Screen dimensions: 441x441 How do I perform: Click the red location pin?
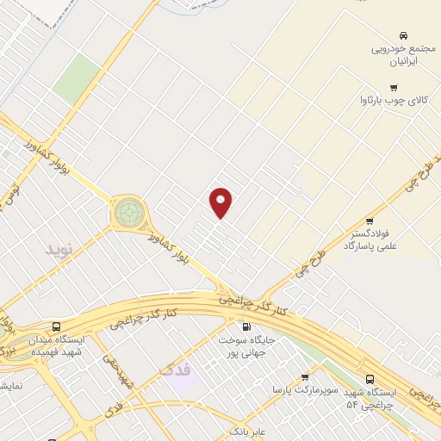[221, 202]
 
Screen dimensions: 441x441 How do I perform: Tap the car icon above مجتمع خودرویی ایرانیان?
[403, 33]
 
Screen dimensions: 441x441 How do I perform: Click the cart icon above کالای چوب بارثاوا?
[394, 86]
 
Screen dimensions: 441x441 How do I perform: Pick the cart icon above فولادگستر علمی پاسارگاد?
[370, 221]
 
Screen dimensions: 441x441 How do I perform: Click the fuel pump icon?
[247, 327]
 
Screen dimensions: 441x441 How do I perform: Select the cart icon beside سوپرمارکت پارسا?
[304, 377]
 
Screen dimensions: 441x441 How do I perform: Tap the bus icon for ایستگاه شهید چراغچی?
[370, 378]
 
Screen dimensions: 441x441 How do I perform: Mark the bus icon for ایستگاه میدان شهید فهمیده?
[56, 327]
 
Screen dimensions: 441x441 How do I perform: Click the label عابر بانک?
[248, 430]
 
